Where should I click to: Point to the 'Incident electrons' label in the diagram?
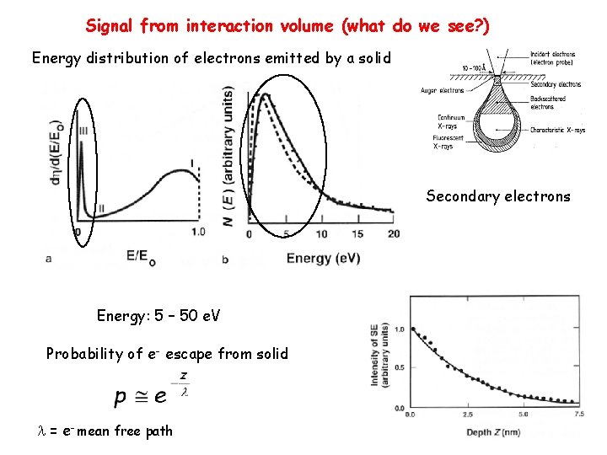[553, 58]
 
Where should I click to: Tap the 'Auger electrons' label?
[442, 91]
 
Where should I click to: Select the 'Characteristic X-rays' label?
[556, 130]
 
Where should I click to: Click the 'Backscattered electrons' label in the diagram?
[549, 103]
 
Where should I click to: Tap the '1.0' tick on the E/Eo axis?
[198, 232]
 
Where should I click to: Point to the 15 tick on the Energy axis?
[357, 233]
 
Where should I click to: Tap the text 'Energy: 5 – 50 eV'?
[158, 316]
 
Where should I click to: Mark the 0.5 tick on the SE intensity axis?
[399, 367]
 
